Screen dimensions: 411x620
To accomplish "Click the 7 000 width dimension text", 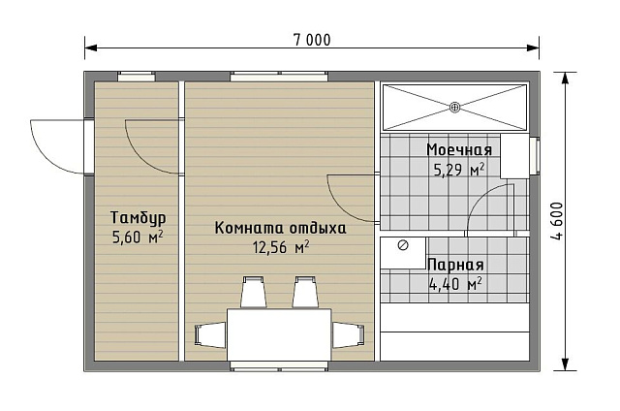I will tap(312, 40).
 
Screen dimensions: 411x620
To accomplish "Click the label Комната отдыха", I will tap(280, 229).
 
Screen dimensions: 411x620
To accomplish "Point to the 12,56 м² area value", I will tap(281, 247).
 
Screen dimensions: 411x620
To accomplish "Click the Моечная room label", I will tap(459, 150).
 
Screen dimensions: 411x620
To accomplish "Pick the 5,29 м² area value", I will tap(459, 170).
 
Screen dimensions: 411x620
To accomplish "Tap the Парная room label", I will tap(455, 265).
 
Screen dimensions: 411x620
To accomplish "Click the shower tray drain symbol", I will tap(454, 107).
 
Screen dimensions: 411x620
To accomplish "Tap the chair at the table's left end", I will tap(210, 334).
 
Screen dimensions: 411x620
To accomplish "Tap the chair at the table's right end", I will tap(347, 334).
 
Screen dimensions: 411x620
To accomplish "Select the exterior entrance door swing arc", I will tap(56, 145).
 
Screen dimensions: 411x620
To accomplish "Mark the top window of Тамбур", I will tap(137, 77).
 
